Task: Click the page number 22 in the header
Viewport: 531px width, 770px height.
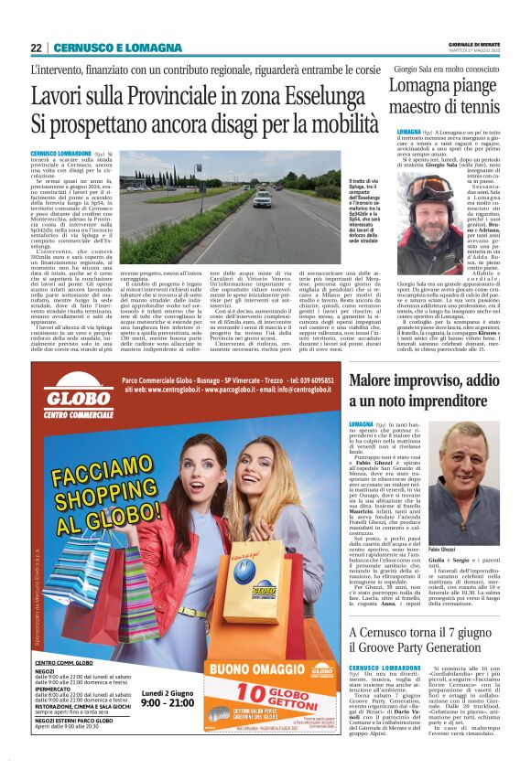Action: pos(36,48)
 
